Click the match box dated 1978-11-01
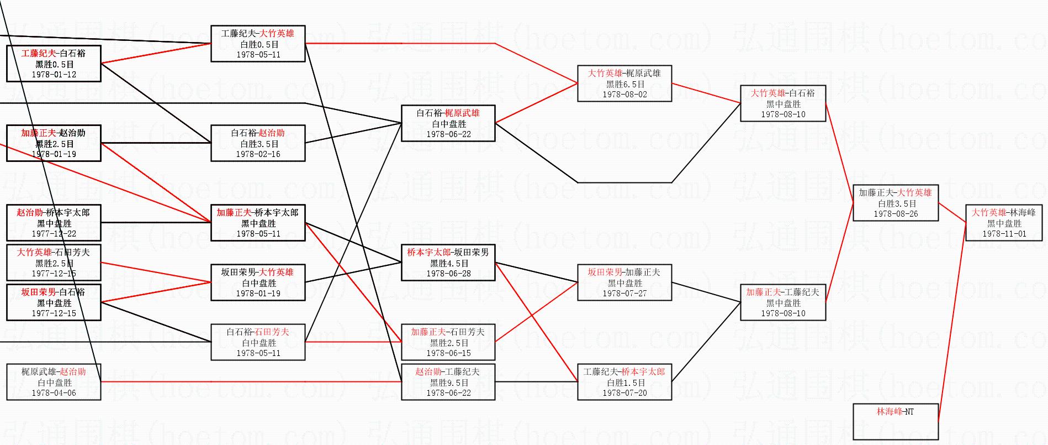1004,223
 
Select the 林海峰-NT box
895,421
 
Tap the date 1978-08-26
896,214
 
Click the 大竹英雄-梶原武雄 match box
624,83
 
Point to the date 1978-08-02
624,95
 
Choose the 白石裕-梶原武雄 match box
448,123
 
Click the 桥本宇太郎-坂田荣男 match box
448,263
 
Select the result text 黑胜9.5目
449,383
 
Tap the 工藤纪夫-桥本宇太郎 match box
624,382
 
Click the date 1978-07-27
624,294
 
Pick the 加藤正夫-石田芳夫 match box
448,342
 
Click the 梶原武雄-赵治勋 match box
54,382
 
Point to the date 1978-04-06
54,393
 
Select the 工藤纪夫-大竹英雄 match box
258,44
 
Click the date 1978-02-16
258,154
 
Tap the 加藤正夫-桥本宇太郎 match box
258,223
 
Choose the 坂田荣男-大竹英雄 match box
258,282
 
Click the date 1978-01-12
54,75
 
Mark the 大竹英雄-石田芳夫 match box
54,263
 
